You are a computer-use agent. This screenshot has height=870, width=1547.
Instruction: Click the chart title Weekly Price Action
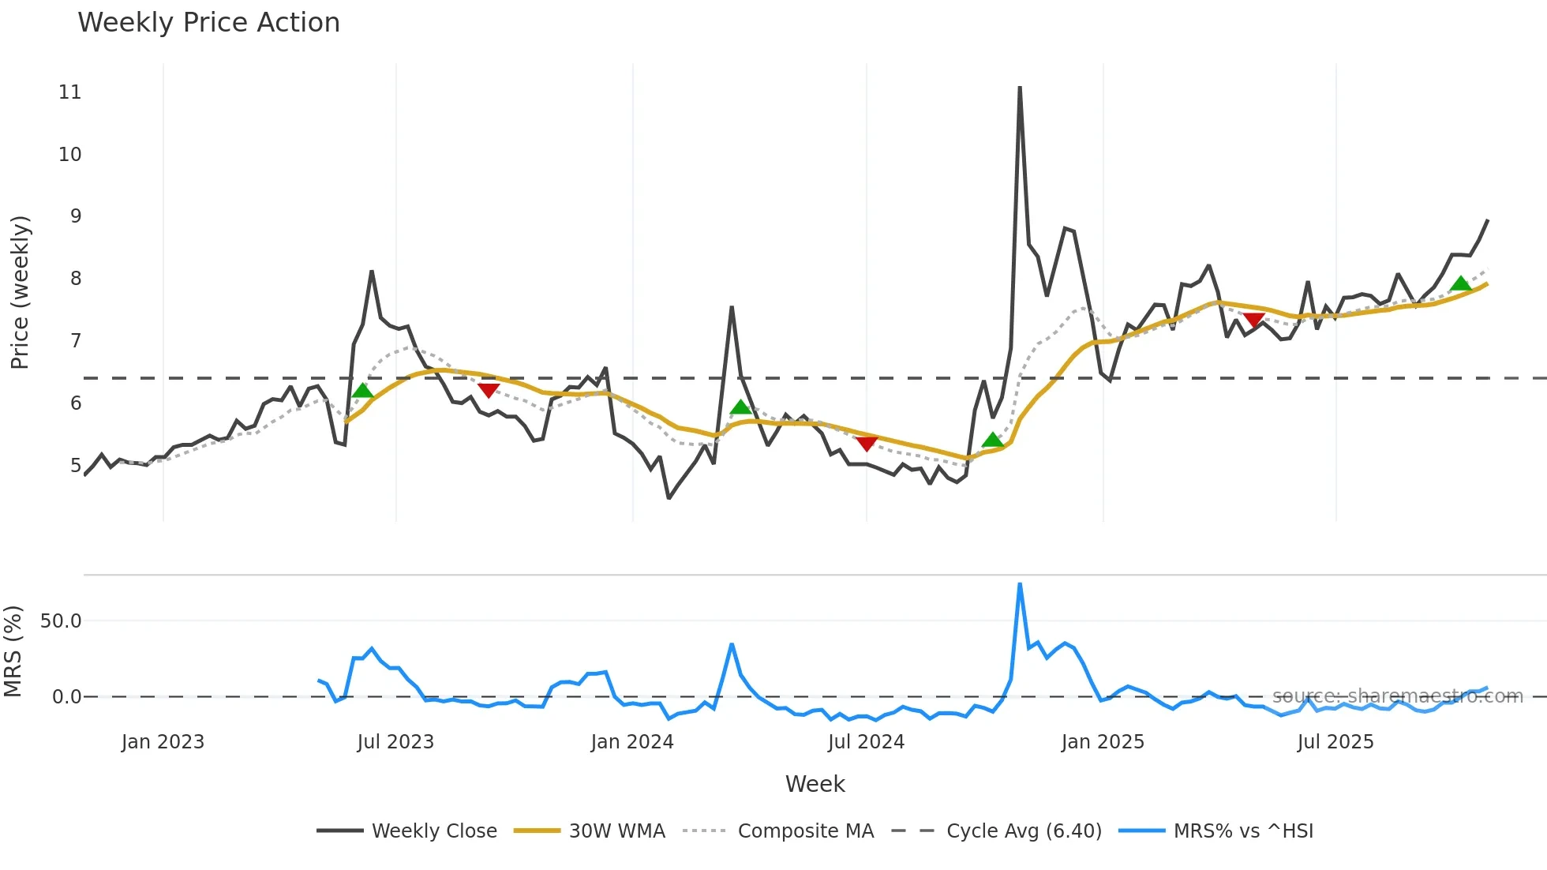pyautogui.click(x=208, y=23)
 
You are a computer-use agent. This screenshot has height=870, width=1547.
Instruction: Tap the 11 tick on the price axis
pyautogui.click(x=70, y=92)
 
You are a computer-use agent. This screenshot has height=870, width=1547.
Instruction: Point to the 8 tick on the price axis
pyautogui.click(x=76, y=279)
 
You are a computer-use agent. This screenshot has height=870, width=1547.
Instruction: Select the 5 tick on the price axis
pyautogui.click(x=76, y=466)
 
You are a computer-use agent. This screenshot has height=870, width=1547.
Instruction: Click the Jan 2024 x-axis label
pyautogui.click(x=631, y=742)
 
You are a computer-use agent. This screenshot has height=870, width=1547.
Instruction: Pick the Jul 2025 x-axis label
pyautogui.click(x=1335, y=742)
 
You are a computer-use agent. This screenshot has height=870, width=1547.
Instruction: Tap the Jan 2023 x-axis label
pyautogui.click(x=163, y=742)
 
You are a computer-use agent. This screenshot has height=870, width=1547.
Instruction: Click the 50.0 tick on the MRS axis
pyautogui.click(x=61, y=621)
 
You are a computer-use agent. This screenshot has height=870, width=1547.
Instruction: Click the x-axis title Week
pyautogui.click(x=815, y=784)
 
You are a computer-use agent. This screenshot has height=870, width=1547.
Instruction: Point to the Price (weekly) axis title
pyautogui.click(x=20, y=292)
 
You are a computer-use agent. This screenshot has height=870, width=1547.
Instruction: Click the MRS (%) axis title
pyautogui.click(x=13, y=651)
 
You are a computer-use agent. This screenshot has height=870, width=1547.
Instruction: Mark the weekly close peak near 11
pyautogui.click(x=1020, y=88)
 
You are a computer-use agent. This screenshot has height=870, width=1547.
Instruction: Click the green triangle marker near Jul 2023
pyautogui.click(x=362, y=390)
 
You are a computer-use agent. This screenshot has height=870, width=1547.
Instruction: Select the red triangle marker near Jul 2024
pyautogui.click(x=867, y=444)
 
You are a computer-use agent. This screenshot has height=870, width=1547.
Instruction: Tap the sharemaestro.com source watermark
pyautogui.click(x=1397, y=696)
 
